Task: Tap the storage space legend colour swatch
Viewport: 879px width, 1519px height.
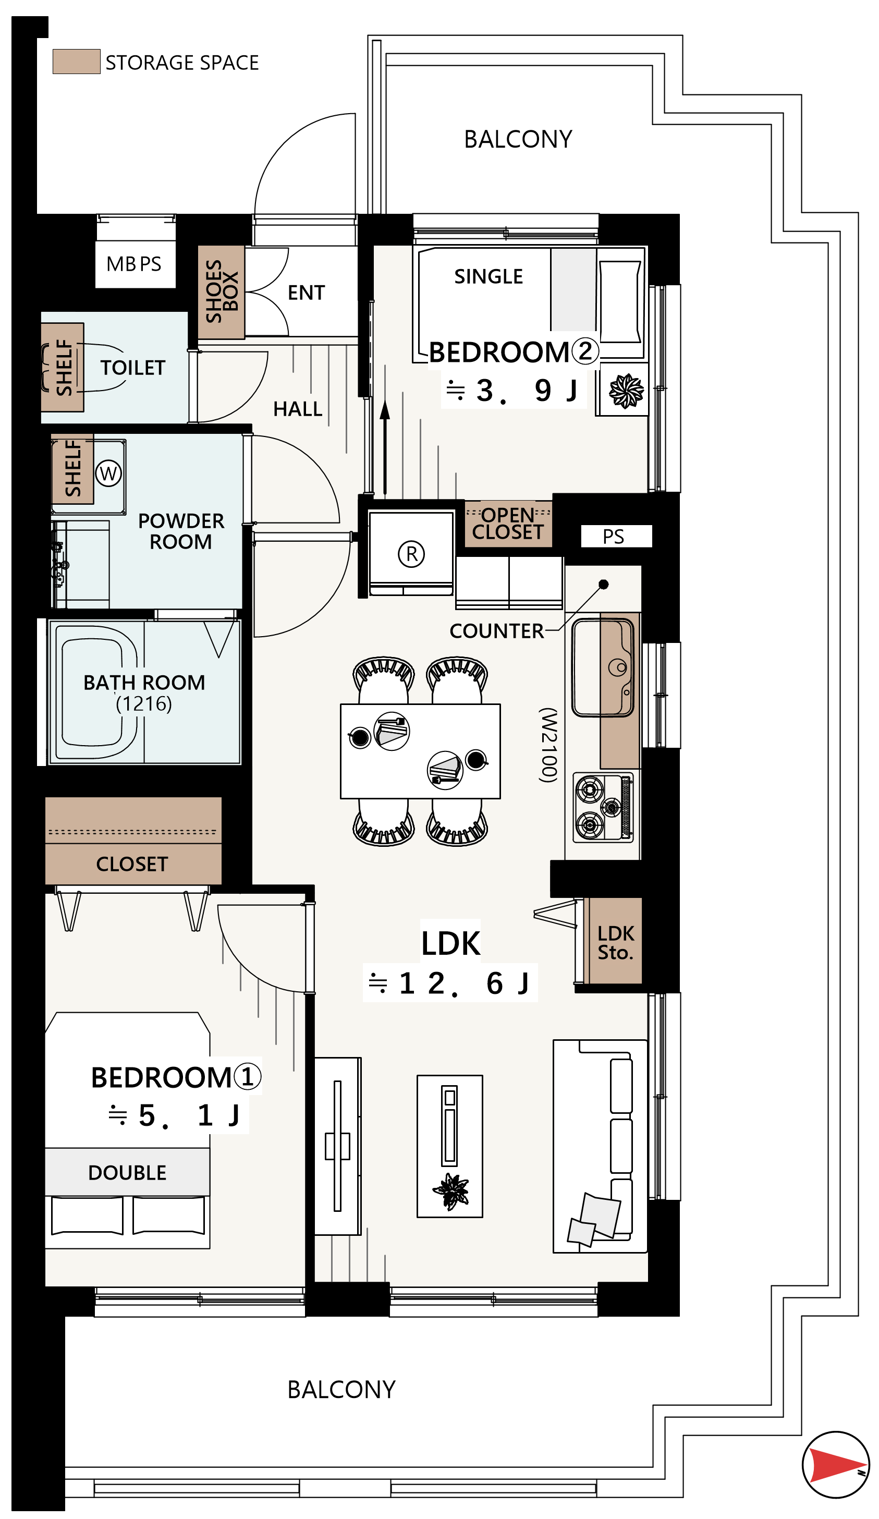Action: (76, 62)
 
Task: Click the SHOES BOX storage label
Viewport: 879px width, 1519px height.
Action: (221, 291)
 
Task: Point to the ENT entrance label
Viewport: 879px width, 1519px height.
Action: (306, 293)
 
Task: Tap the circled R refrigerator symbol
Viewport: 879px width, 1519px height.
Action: (411, 554)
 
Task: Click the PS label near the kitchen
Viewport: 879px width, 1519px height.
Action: (613, 537)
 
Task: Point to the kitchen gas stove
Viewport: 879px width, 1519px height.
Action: (603, 807)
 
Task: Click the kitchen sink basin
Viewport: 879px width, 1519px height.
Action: (602, 667)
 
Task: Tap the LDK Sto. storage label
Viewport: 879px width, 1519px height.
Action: (615, 943)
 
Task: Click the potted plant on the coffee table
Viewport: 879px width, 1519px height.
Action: (450, 1192)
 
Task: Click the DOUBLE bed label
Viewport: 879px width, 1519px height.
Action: (127, 1172)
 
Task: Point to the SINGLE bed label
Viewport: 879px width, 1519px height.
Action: (488, 277)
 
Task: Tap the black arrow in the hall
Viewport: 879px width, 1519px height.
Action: (385, 446)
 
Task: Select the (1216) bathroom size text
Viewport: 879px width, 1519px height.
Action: (143, 703)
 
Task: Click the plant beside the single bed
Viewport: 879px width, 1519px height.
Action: (626, 391)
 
